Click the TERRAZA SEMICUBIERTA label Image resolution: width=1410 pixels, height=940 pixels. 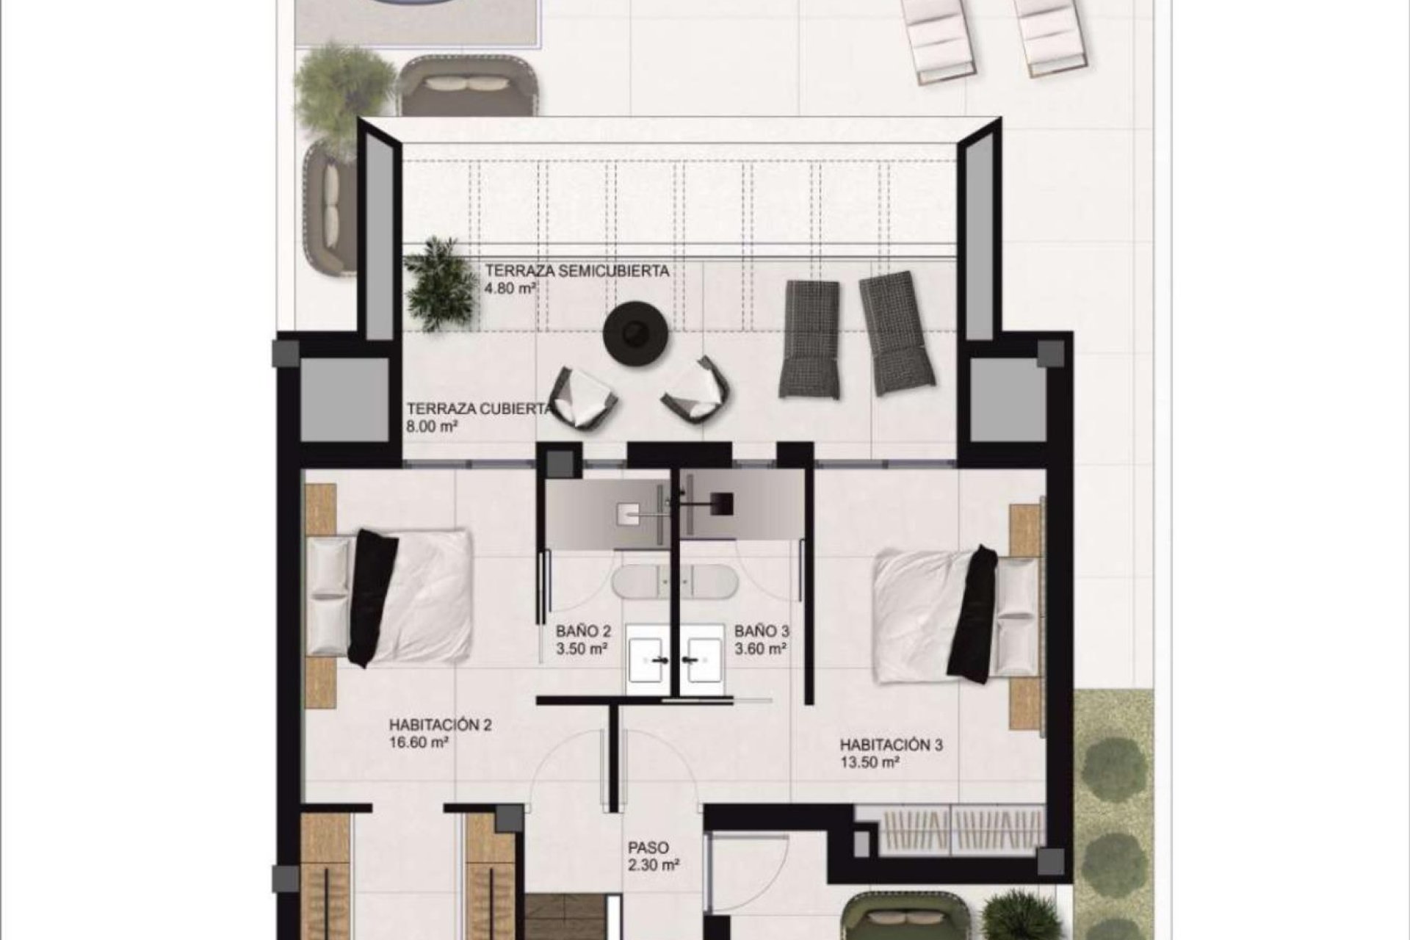click(x=576, y=271)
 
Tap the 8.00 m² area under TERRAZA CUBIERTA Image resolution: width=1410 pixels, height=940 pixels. click(x=433, y=427)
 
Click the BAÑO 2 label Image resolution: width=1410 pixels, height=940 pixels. click(x=583, y=631)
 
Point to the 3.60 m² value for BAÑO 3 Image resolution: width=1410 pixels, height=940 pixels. click(x=762, y=649)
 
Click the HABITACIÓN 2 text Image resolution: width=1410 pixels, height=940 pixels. click(x=440, y=726)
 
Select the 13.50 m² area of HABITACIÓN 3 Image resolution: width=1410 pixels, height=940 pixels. click(x=870, y=763)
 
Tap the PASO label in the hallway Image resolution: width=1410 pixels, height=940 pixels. click(x=648, y=847)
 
